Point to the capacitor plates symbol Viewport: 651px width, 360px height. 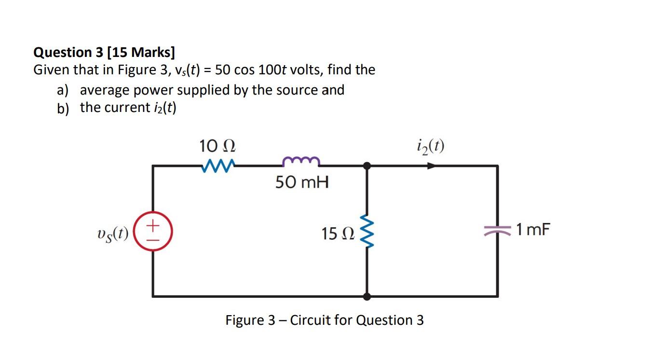click(x=497, y=231)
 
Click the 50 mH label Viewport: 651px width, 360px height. click(x=302, y=182)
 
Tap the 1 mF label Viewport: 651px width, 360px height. click(x=532, y=230)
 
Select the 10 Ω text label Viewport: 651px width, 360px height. click(x=217, y=145)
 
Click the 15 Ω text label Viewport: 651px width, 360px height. click(x=338, y=234)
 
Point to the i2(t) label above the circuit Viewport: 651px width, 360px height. click(x=430, y=145)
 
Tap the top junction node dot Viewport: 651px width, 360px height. click(x=367, y=166)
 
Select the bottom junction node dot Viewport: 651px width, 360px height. click(x=367, y=296)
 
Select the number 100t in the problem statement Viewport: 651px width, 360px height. click(x=274, y=70)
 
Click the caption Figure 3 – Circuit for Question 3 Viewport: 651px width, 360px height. click(x=325, y=320)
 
